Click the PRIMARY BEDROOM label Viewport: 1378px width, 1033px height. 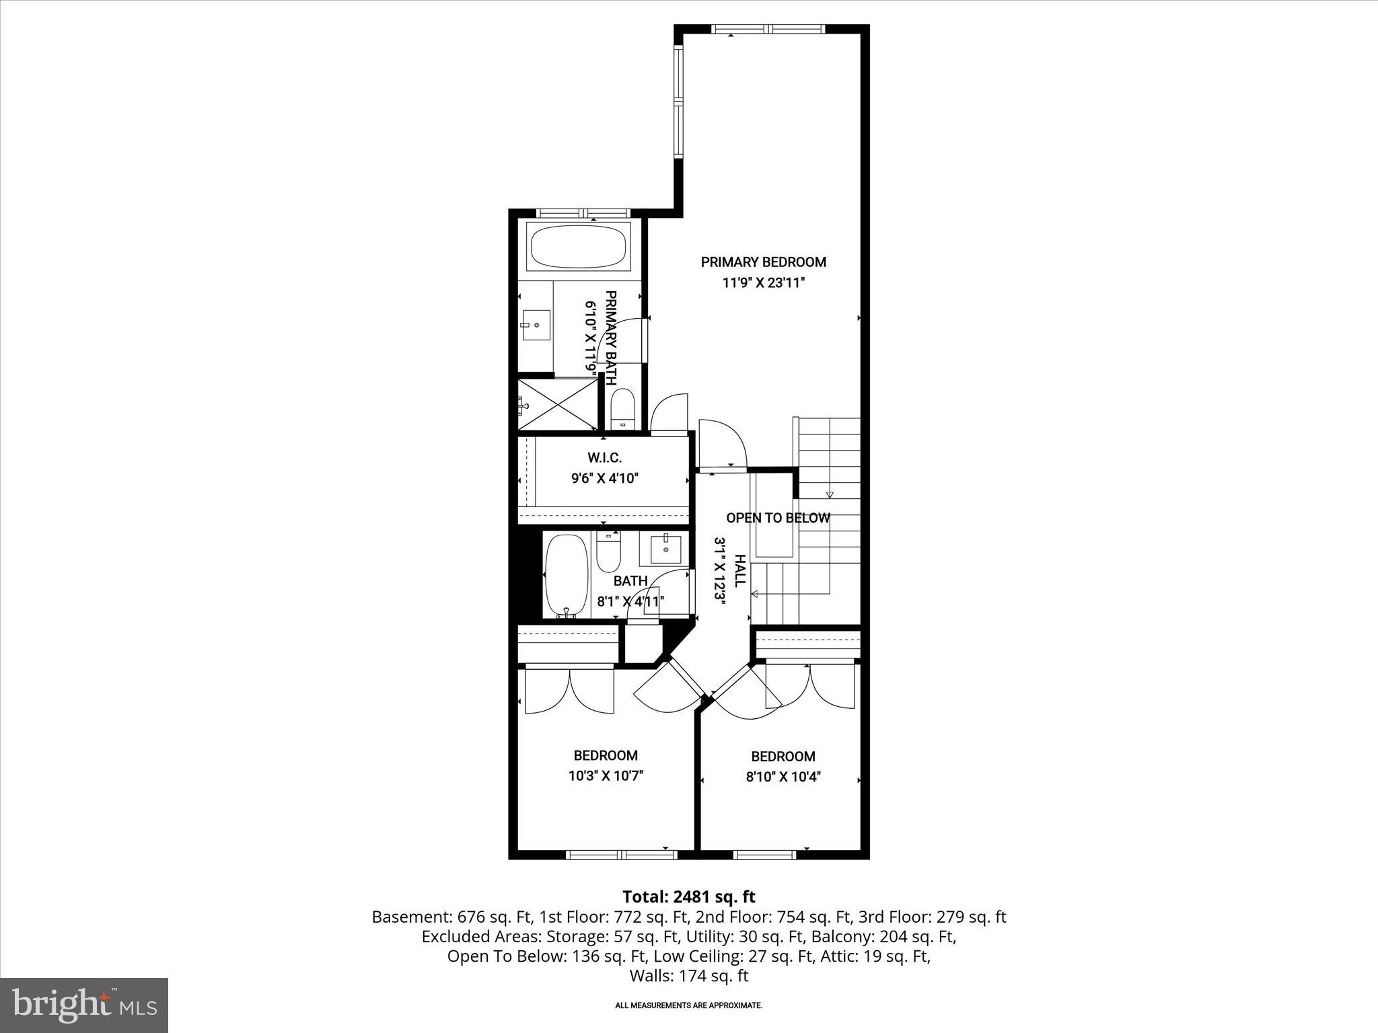click(x=763, y=262)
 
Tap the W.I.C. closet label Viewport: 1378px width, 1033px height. click(x=604, y=458)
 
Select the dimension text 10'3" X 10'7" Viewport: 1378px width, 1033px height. click(x=606, y=775)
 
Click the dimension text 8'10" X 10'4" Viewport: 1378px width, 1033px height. click(x=783, y=777)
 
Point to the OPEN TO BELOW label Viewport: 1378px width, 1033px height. click(x=778, y=518)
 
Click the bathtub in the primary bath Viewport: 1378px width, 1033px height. click(x=578, y=247)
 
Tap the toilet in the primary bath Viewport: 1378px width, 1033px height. click(x=622, y=408)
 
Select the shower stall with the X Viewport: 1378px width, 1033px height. click(x=557, y=405)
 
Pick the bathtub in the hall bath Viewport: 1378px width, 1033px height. click(x=567, y=575)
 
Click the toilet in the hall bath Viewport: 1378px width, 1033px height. click(x=608, y=551)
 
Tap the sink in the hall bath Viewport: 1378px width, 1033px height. click(x=665, y=549)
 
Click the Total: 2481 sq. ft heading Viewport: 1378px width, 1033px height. click(x=688, y=896)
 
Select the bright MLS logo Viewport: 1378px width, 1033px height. click(x=84, y=1005)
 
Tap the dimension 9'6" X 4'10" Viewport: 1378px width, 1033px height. click(x=604, y=478)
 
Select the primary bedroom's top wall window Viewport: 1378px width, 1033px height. click(x=768, y=29)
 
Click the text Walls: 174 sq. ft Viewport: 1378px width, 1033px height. click(x=688, y=976)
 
